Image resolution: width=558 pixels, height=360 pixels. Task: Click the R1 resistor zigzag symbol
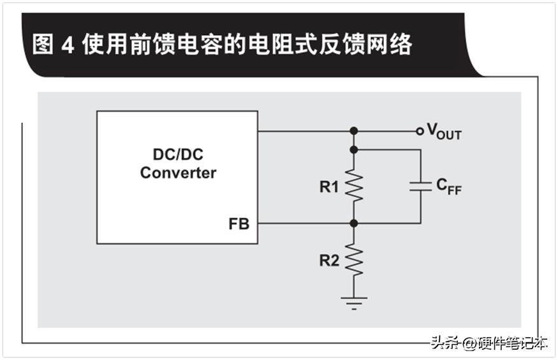(x=354, y=186)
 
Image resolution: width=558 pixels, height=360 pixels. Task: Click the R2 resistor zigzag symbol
(x=354, y=261)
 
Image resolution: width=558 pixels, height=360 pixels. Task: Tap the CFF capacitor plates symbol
(x=420, y=186)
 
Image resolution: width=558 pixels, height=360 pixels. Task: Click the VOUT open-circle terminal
(x=419, y=131)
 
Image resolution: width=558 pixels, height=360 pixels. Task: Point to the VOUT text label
(x=444, y=133)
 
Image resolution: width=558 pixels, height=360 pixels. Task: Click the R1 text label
(x=330, y=187)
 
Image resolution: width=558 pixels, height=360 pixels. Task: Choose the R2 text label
(x=330, y=261)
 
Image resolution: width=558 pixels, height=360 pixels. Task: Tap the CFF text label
(x=448, y=186)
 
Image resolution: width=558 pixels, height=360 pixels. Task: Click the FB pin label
(x=239, y=224)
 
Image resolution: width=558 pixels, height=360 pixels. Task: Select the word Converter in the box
(x=178, y=173)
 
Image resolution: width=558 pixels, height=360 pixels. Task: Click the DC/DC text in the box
(x=178, y=155)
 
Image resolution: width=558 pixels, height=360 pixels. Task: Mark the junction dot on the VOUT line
(x=354, y=131)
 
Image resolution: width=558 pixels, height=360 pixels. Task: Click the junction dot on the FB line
(x=354, y=224)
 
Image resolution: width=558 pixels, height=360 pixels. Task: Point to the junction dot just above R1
(x=354, y=150)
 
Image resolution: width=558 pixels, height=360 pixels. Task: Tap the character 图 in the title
(x=43, y=45)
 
